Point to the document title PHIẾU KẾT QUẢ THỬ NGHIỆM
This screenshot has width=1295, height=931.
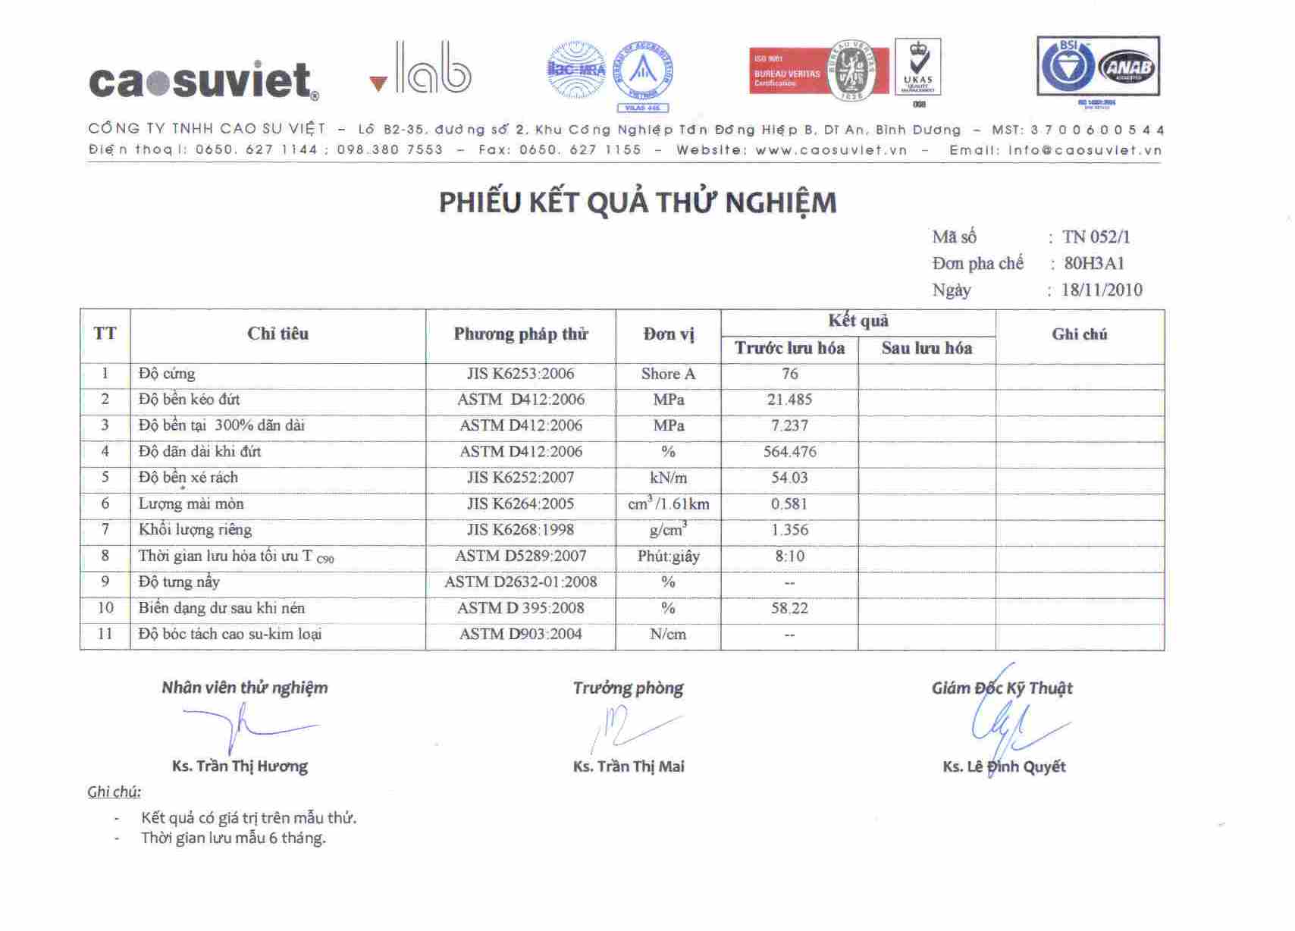click(638, 202)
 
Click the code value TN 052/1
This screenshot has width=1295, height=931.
click(1096, 237)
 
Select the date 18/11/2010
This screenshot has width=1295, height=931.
click(1102, 290)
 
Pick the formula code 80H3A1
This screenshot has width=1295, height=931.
click(1094, 264)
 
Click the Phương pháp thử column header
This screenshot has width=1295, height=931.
click(521, 334)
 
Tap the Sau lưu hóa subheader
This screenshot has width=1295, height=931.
click(927, 348)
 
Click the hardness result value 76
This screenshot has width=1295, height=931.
click(789, 374)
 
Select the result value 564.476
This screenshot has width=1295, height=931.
click(789, 452)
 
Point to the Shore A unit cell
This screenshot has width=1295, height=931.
click(668, 374)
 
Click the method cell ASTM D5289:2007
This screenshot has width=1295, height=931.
click(521, 556)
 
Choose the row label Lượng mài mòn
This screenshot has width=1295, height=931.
click(191, 504)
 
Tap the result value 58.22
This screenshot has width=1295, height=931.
click(789, 608)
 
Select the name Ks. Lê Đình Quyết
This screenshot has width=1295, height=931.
click(1004, 766)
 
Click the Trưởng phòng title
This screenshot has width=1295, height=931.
click(628, 688)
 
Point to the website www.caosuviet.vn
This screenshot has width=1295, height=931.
click(831, 150)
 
